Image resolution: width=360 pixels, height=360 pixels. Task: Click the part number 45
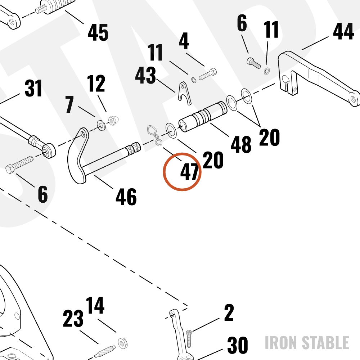(x=98, y=32)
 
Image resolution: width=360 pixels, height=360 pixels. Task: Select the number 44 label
(x=343, y=31)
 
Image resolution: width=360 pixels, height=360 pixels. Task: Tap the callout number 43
(x=145, y=75)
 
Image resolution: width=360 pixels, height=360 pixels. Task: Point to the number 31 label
(x=33, y=88)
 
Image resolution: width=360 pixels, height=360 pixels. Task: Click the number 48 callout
(x=241, y=144)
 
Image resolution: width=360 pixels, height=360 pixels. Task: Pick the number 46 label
(x=126, y=197)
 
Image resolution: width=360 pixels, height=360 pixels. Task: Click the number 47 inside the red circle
(x=189, y=172)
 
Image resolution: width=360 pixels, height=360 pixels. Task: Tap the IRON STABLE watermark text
(x=307, y=343)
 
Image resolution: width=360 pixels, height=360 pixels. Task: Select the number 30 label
(x=238, y=345)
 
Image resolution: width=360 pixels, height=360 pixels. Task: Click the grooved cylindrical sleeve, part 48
(x=203, y=117)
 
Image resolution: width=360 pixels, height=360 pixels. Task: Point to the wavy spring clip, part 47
(x=154, y=135)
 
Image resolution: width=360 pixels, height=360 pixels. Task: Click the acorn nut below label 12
(x=113, y=120)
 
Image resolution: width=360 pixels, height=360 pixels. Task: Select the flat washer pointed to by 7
(x=101, y=125)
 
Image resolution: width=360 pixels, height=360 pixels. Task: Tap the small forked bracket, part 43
(x=184, y=93)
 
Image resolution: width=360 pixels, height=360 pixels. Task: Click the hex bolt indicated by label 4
(x=208, y=74)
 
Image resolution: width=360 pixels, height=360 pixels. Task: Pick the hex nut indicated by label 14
(x=123, y=343)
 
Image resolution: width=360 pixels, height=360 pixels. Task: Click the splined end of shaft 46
(x=134, y=148)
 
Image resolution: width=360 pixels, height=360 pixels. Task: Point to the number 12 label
(x=96, y=83)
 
